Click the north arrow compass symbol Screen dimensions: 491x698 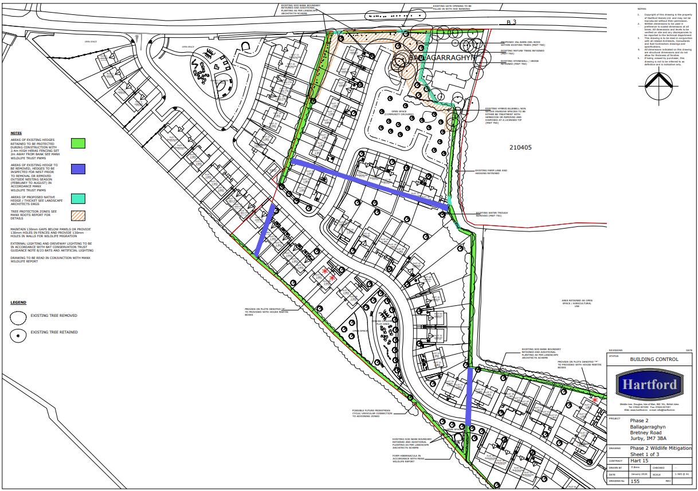pos(654,84)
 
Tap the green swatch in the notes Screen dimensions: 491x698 pos(78,143)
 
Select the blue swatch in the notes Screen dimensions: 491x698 pos(78,169)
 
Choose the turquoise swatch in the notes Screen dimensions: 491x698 pos(78,198)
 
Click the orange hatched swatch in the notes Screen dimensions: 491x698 pos(78,215)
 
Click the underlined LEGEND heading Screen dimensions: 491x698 pos(18,303)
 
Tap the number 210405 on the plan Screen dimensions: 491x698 pos(520,147)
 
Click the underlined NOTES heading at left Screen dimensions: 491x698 pos(16,133)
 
